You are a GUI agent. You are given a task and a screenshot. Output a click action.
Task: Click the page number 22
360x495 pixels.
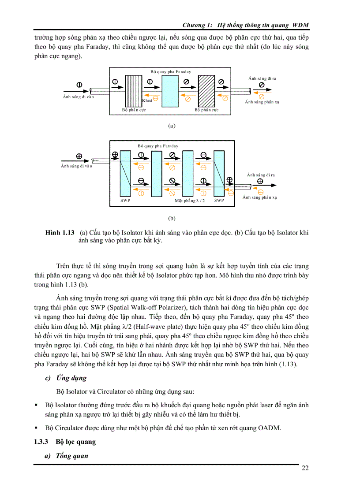305,468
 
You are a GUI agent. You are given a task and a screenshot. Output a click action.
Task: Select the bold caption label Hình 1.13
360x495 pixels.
60,232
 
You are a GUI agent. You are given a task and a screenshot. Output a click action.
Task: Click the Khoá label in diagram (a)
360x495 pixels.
147,100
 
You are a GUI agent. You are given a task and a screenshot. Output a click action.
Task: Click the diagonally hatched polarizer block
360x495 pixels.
206,91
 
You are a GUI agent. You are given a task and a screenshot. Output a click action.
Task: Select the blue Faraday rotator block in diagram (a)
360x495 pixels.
169,91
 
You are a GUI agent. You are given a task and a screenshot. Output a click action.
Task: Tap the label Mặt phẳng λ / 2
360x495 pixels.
190,201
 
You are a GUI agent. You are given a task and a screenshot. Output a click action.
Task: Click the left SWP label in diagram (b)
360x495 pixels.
125,201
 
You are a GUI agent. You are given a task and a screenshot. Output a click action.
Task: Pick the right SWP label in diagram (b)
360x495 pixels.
219,201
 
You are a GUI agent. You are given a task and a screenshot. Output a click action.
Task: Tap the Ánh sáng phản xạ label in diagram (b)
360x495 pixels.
260,197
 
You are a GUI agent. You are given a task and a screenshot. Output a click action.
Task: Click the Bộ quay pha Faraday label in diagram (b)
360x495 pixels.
158,145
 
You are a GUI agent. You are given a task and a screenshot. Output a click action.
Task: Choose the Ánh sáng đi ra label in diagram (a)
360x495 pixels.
262,78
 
